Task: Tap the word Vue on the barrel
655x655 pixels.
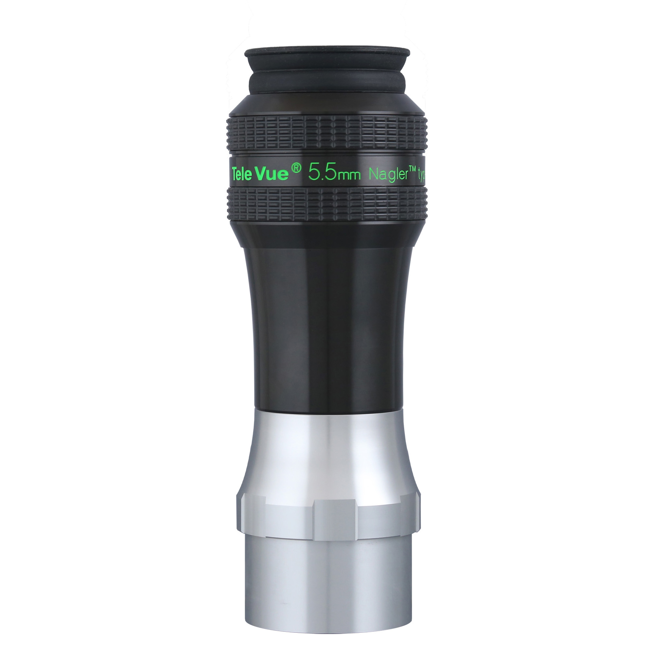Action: point(273,173)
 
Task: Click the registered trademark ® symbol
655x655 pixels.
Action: point(296,167)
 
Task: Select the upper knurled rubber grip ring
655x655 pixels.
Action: point(327,134)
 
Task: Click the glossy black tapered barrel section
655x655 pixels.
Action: point(327,322)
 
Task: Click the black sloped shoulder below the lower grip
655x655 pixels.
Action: point(327,234)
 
